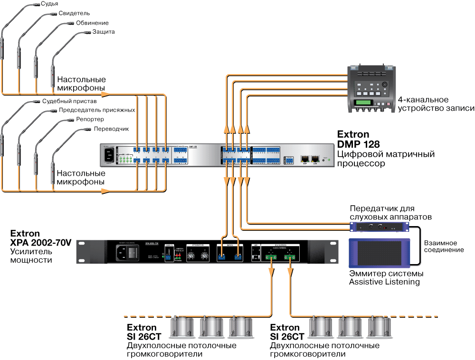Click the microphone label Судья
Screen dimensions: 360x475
49,4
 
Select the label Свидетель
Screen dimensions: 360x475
74,13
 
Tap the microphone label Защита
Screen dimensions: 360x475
104,32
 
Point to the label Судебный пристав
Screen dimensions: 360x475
69,101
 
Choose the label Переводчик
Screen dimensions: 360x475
111,129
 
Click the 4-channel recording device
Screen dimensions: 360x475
370,88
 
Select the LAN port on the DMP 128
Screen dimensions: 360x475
314,159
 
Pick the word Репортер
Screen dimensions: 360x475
90,119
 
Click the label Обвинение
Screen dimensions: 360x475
92,23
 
